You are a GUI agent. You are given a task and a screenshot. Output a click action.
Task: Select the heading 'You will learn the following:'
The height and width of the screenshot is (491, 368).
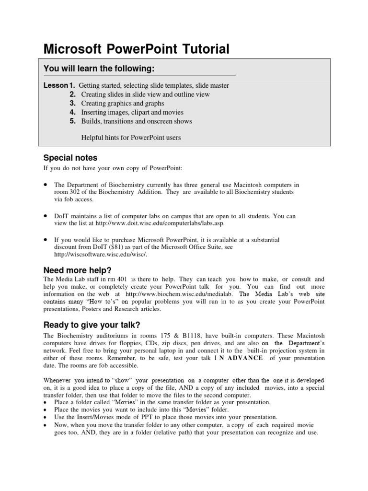coord(99,69)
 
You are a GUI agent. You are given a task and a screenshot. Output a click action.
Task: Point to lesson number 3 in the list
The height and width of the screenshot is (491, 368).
coord(73,103)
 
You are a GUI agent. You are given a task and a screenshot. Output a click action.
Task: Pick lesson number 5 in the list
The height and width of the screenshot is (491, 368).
coord(73,121)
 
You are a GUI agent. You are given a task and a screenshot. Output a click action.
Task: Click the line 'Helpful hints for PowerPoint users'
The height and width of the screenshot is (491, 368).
coord(131,138)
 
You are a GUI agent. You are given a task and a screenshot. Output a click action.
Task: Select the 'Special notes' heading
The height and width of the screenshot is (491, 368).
coord(70,157)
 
